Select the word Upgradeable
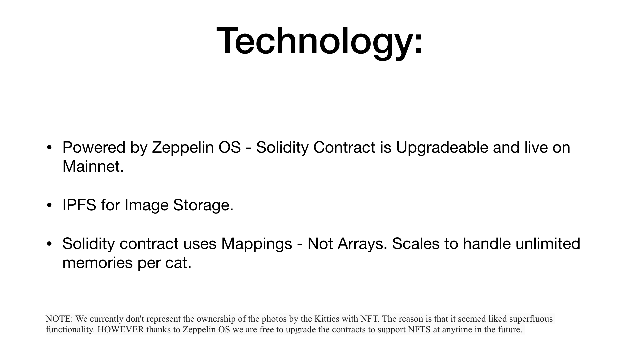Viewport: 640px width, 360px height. pyautogui.click(x=442, y=148)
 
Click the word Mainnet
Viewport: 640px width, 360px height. pyautogui.click(x=93, y=166)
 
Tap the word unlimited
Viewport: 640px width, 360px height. pyautogui.click(x=548, y=244)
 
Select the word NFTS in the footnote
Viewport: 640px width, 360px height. pyautogui.click(x=419, y=330)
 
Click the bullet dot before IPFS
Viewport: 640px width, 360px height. pyautogui.click(x=49, y=205)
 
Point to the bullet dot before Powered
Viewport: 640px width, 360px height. pyautogui.click(x=49, y=148)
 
